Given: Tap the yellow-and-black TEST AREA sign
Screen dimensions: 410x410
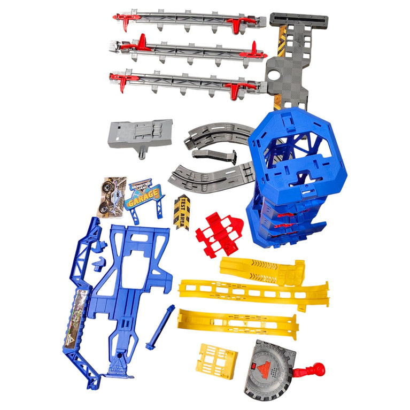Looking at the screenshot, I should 182,212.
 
